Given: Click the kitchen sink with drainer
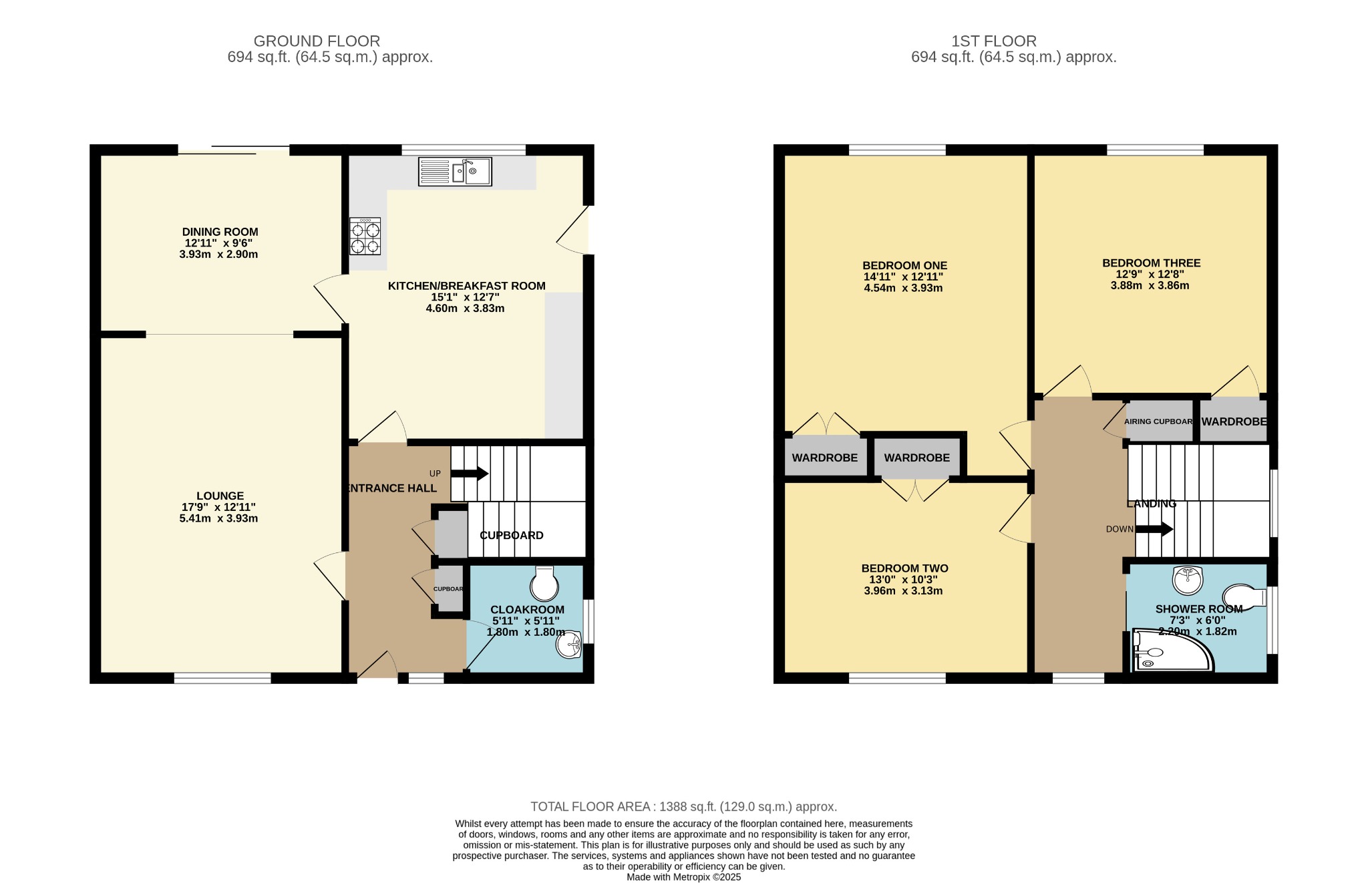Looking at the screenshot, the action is (455, 172).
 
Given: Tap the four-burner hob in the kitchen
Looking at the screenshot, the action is (365, 236).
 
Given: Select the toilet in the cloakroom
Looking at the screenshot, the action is (544, 583).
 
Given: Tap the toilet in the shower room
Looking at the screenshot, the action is (1244, 596).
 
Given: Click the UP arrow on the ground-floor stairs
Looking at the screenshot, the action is (470, 474).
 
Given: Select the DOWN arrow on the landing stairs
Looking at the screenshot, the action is (1154, 530).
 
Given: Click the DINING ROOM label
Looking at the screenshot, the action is (220, 232).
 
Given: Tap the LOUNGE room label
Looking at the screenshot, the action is (220, 496).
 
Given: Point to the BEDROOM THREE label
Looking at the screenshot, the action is (1151, 263).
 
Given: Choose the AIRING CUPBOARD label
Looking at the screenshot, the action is (1158, 421).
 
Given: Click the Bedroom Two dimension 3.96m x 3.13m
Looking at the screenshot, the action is (904, 590).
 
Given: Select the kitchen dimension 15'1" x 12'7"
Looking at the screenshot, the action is (466, 297).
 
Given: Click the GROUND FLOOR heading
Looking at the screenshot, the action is (317, 41).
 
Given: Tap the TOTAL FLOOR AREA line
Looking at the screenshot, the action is (683, 807).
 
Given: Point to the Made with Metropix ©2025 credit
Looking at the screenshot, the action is (683, 877).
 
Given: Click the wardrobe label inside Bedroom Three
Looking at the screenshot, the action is (1234, 421).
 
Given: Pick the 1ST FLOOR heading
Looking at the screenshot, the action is (993, 41).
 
